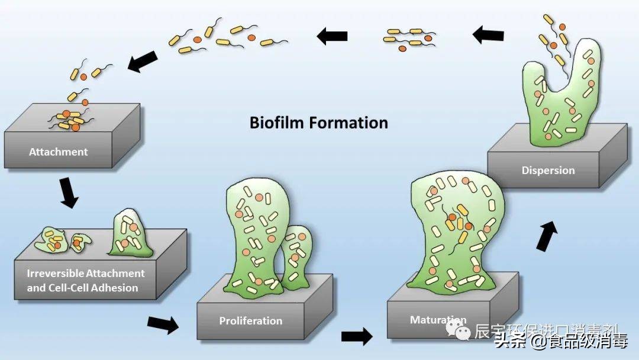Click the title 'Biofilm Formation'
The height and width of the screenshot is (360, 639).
[318, 123]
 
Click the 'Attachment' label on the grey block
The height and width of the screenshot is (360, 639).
[58, 152]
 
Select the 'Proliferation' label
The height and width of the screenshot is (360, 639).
[251, 321]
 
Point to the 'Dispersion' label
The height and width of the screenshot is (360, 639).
[548, 171]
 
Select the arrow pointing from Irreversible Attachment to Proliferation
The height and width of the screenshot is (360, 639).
[162, 323]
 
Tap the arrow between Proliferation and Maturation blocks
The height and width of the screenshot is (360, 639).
[357, 336]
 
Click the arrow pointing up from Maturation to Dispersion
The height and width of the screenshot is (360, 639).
[548, 236]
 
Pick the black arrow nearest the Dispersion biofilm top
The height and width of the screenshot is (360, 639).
[488, 35]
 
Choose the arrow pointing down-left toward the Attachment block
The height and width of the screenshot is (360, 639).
[143, 61]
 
